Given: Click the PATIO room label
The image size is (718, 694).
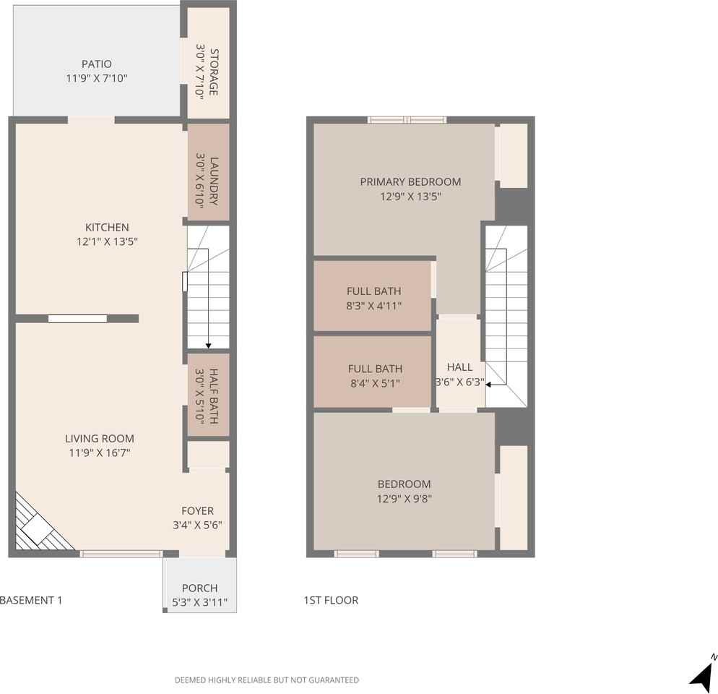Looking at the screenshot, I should [x=96, y=64].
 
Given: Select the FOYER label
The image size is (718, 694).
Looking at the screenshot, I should [x=197, y=511].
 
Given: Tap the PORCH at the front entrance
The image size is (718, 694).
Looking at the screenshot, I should [x=199, y=588].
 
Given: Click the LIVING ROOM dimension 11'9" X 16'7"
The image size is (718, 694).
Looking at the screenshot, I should [x=99, y=453].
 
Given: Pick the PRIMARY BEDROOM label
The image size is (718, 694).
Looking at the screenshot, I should [x=410, y=182].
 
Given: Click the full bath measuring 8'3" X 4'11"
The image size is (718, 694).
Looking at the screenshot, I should [x=373, y=298].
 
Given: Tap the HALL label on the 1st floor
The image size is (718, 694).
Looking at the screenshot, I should [x=459, y=367].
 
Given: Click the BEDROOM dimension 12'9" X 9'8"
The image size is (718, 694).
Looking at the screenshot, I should [x=404, y=498].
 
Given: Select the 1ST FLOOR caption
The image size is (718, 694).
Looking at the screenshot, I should [x=331, y=600].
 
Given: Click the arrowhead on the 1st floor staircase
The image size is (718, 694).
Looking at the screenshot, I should [x=489, y=385].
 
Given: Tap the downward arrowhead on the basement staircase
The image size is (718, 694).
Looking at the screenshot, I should [x=209, y=346].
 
